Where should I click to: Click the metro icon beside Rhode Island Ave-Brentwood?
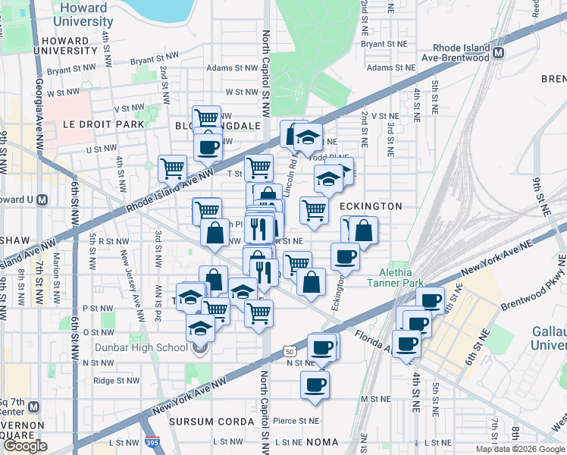pos(499,53)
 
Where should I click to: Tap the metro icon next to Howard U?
pos(42,200)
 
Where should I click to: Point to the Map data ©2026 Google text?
pos(520,449)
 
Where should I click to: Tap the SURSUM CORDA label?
pos(211,421)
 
